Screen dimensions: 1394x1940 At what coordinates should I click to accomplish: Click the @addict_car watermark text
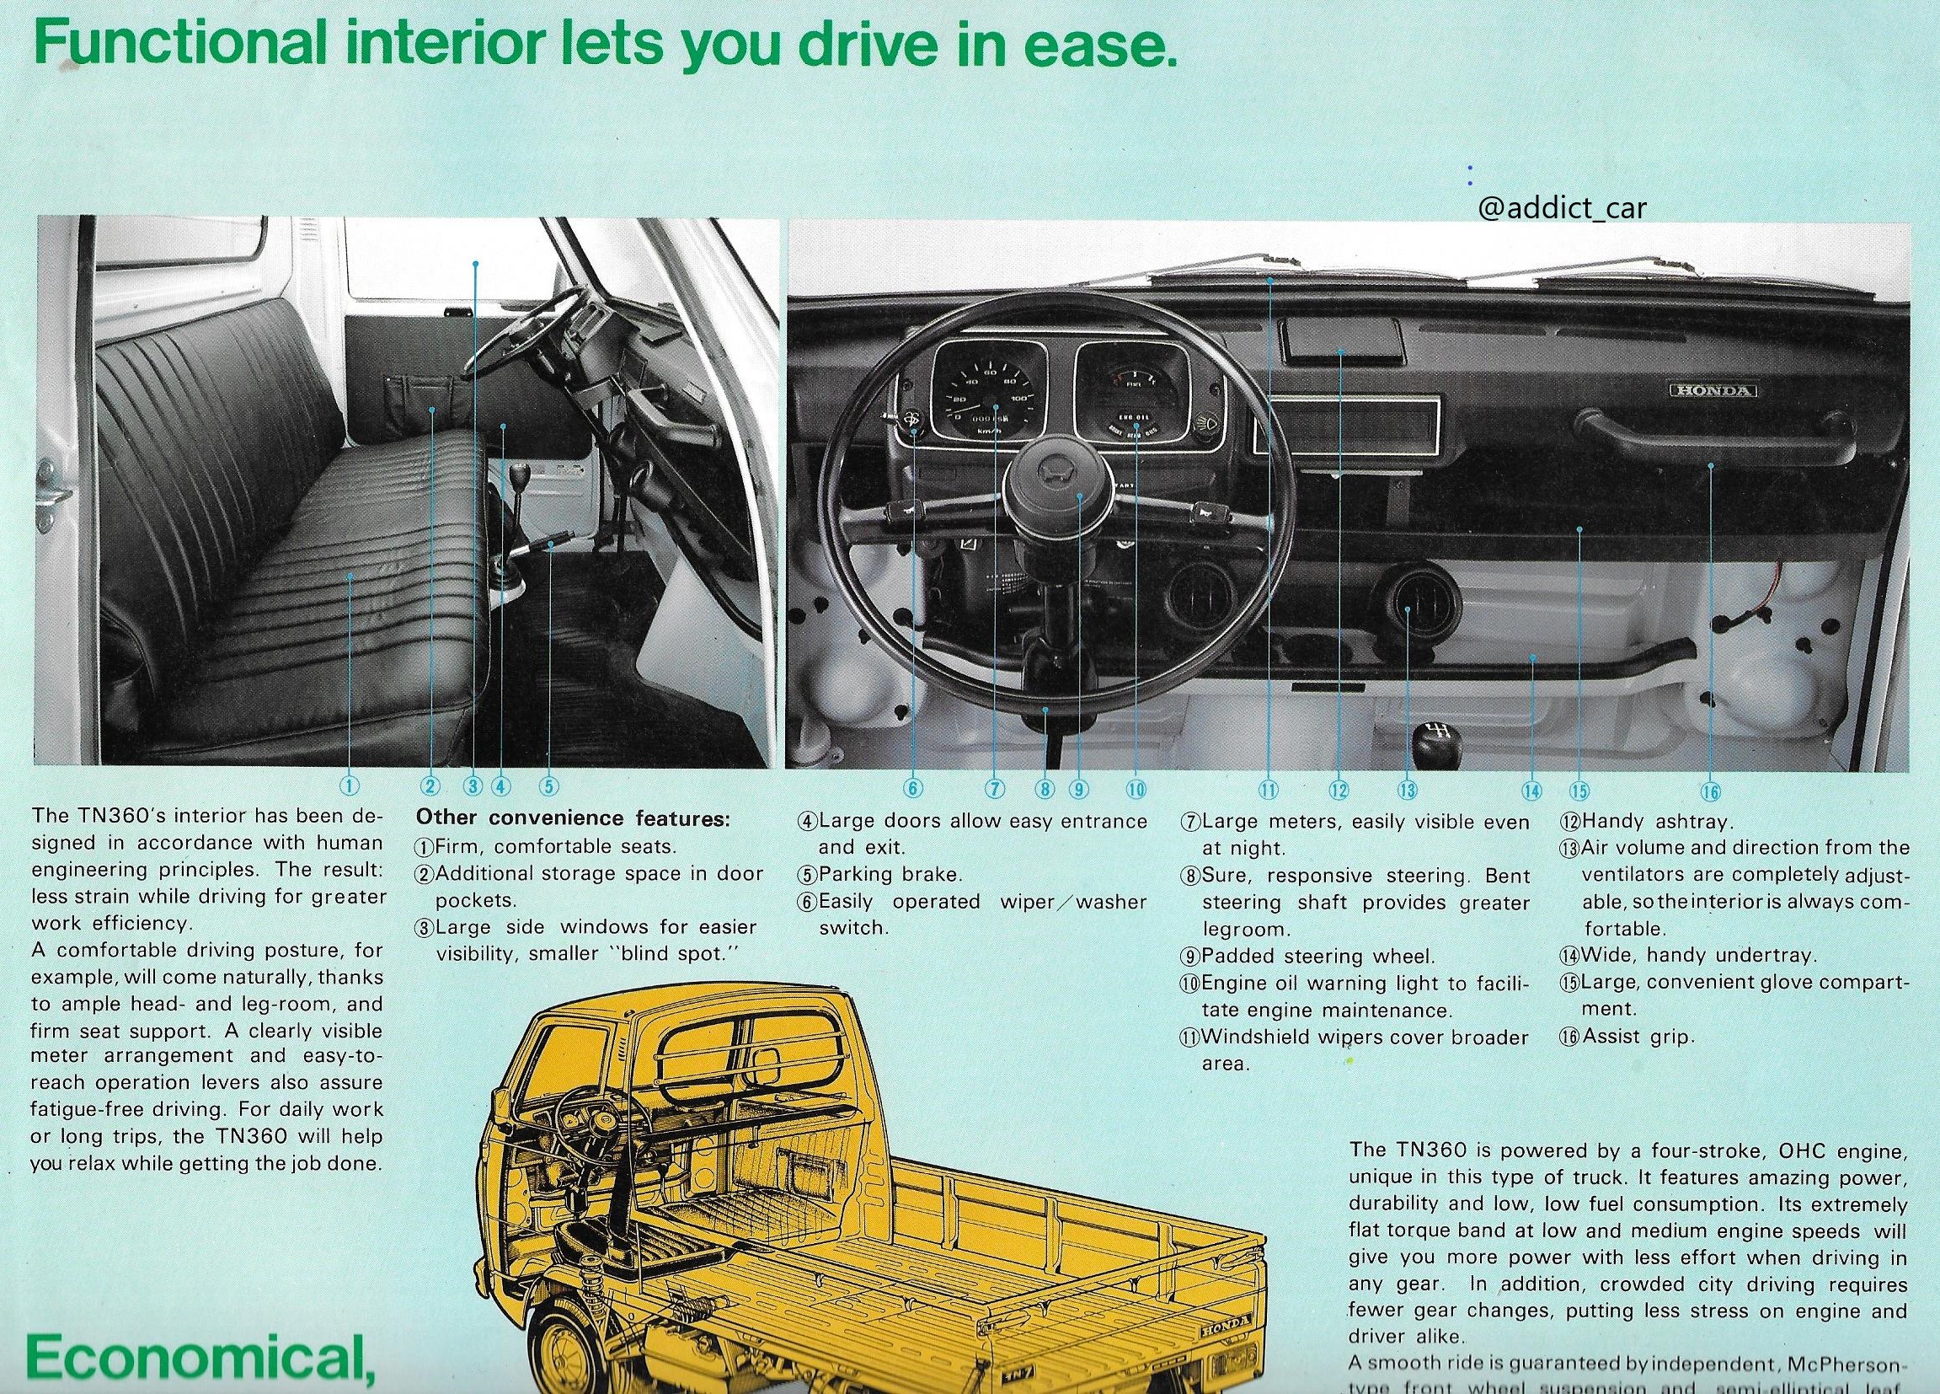click(x=1561, y=209)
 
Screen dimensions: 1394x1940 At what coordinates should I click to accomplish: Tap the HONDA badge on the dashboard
click(x=1713, y=391)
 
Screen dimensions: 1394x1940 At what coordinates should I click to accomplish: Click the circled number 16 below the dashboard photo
click(x=1710, y=791)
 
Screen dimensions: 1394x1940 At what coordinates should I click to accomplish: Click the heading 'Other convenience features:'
click(x=573, y=818)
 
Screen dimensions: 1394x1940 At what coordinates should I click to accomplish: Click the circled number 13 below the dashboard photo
click(x=1407, y=790)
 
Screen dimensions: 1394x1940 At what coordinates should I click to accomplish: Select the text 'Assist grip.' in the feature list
click(x=1637, y=1037)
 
